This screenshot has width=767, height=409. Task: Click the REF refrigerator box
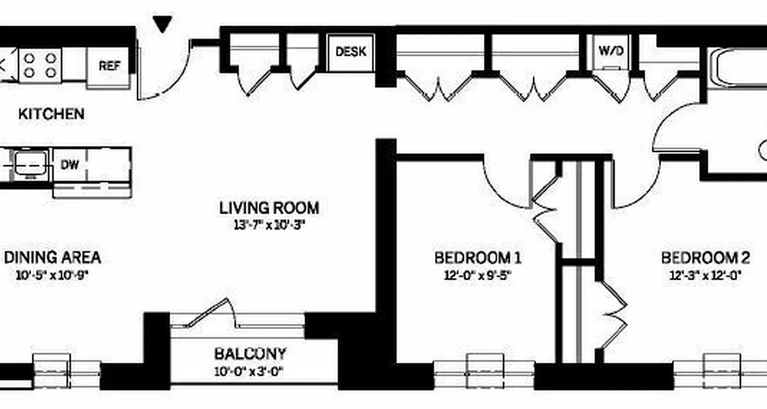pos(109,66)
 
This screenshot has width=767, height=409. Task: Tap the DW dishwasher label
pos(69,165)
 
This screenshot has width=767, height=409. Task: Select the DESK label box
pos(351,52)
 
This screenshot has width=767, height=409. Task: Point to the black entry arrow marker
pos(163,24)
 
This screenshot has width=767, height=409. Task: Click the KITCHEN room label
pos(51,113)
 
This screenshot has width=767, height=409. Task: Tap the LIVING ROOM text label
pos(269,208)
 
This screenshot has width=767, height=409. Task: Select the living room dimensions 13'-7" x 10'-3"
pos(269,225)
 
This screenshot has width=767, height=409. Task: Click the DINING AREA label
pos(52,257)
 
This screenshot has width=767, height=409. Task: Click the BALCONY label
pos(250,353)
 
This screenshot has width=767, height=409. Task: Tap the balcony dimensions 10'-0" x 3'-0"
pos(250,371)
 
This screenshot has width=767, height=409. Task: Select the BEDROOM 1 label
pos(478,257)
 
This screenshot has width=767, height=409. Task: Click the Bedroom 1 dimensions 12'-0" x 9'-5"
pos(478,275)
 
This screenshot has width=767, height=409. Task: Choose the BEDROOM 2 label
pos(705,257)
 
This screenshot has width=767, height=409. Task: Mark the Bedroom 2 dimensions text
pos(705,275)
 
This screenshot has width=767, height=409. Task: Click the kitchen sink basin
pos(30,164)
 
